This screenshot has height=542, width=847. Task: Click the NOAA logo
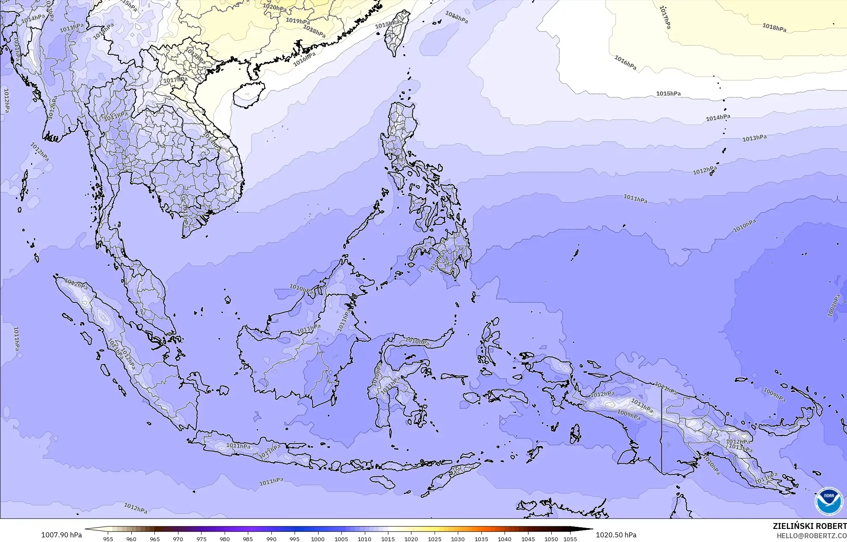[828, 501]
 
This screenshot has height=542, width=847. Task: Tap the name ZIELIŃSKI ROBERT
[810, 526]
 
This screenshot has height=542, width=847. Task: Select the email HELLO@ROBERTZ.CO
[811, 536]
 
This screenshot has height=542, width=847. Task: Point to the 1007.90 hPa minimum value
[61, 535]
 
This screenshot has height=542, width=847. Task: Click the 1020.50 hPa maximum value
[616, 535]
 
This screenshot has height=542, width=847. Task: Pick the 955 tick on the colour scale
[108, 539]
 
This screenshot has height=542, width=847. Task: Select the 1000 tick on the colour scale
[318, 539]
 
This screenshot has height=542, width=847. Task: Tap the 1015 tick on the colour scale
[388, 539]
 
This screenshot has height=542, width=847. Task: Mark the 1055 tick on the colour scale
[570, 539]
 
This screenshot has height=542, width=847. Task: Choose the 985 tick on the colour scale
[248, 539]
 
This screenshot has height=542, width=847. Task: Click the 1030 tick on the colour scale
[457, 539]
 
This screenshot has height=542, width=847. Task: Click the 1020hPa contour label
[274, 7]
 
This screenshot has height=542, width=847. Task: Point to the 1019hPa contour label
[297, 21]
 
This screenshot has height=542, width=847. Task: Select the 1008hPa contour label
[834, 306]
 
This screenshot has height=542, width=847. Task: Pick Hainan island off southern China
[249, 93]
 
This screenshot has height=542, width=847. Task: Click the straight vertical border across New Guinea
[661, 430]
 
